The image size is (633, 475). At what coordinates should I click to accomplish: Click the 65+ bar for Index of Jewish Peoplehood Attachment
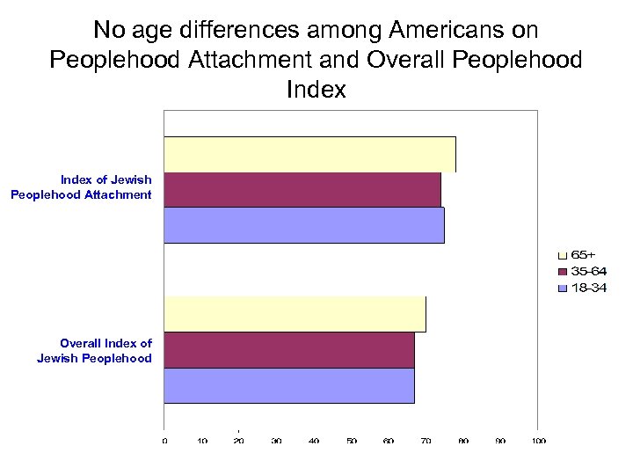[309, 155]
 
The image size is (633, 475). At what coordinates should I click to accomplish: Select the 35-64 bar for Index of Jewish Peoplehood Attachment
[302, 190]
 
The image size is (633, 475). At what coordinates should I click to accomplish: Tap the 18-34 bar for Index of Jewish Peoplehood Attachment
[303, 225]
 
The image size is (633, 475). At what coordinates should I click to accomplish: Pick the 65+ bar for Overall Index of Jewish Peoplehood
[295, 315]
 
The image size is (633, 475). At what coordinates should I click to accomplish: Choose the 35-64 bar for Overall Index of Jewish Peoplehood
[288, 350]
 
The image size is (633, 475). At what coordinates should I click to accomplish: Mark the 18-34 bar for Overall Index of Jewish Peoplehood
[288, 385]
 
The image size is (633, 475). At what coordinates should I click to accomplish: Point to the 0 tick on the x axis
[164, 441]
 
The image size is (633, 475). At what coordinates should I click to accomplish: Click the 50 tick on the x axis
[352, 441]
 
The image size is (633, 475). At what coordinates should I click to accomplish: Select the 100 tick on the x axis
[538, 441]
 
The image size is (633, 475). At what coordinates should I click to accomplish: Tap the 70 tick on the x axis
[426, 441]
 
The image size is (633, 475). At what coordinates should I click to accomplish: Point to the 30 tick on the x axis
[277, 441]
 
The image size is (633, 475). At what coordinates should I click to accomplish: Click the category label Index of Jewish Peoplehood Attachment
[82, 187]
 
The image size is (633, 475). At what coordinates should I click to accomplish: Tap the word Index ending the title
[316, 90]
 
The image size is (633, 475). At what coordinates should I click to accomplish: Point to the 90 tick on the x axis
[501, 441]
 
